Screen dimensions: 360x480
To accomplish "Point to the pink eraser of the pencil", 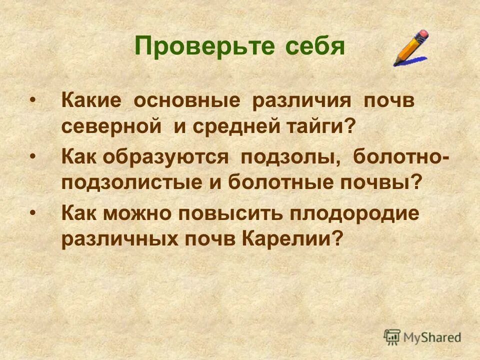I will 423,34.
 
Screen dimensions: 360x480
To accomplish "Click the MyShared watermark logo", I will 422,337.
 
